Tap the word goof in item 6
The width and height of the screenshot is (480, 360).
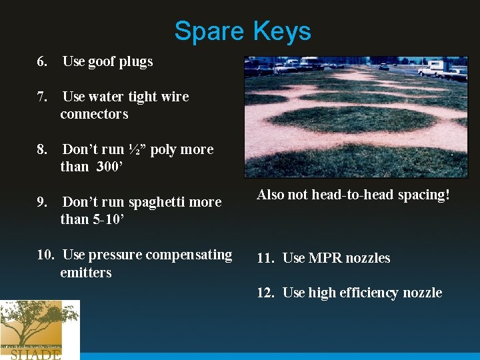click(101, 61)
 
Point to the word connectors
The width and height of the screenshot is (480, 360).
click(94, 114)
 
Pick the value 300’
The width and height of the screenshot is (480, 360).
click(108, 167)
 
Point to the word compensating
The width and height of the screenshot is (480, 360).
click(189, 255)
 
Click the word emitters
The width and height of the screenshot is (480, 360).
click(85, 272)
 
